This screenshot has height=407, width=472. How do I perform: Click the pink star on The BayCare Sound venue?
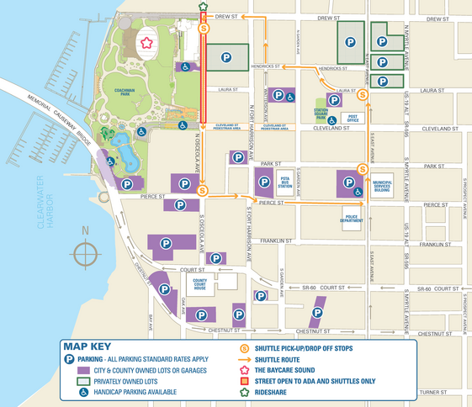(147, 41)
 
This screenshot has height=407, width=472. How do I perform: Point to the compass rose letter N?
(84, 230)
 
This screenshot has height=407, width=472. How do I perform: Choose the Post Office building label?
(353, 119)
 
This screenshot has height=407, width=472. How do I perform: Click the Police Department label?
(352, 220)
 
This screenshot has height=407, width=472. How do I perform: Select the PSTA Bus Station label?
(286, 181)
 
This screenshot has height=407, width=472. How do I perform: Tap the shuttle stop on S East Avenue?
(363, 168)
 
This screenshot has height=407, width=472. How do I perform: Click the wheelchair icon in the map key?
(71, 392)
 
